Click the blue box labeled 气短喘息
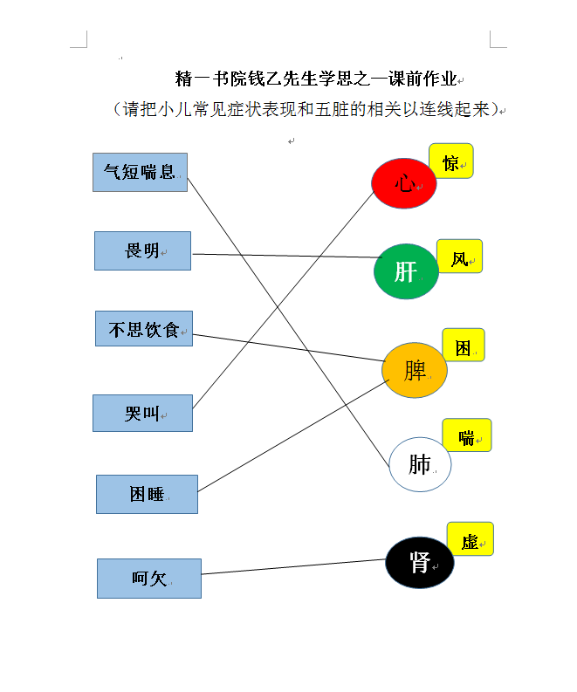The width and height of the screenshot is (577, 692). [140, 172]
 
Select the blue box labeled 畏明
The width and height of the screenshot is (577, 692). [142, 250]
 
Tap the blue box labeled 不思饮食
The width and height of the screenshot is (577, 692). [144, 329]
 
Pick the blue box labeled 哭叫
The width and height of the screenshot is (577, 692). [142, 413]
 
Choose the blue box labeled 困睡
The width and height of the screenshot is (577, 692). [147, 494]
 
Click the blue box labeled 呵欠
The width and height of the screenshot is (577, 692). [149, 579]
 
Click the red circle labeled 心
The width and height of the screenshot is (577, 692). [403, 183]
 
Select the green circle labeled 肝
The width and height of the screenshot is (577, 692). [406, 271]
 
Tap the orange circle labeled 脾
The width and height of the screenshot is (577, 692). [414, 370]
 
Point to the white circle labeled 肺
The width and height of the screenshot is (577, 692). [420, 464]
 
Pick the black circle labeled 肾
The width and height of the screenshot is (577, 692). [419, 562]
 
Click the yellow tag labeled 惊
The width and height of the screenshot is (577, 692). [451, 161]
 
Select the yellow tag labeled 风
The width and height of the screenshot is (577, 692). [459, 257]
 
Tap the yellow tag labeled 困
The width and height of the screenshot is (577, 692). [464, 345]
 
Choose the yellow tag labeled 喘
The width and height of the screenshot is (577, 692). [467, 435]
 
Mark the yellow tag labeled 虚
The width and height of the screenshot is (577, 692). [471, 539]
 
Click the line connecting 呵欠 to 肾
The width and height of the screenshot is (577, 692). [293, 566]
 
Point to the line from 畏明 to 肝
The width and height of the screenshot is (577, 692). [287, 256]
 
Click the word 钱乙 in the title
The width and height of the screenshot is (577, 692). [264, 79]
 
